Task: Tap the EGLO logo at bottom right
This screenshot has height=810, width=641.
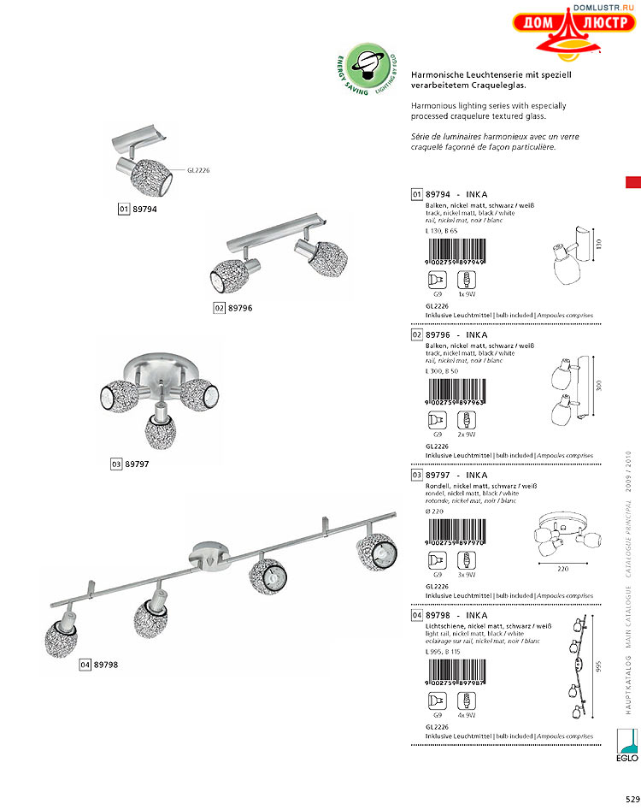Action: click(x=628, y=743)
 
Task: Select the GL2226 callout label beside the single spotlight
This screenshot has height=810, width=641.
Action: click(x=197, y=170)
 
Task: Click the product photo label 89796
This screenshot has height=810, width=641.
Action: click(x=238, y=307)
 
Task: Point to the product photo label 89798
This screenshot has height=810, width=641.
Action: click(x=105, y=665)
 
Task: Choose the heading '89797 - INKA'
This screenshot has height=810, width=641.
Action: click(x=456, y=475)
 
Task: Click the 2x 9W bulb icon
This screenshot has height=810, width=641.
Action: click(x=466, y=420)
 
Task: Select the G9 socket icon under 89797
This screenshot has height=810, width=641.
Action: click(x=437, y=559)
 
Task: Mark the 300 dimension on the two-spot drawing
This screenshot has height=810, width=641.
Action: click(x=599, y=387)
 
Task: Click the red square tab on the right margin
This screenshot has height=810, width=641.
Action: click(x=632, y=182)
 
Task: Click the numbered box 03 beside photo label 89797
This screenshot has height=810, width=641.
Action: click(x=116, y=464)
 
